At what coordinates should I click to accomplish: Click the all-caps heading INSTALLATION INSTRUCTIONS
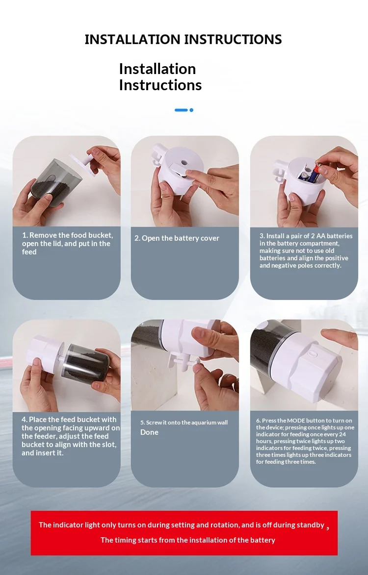[x=183, y=39]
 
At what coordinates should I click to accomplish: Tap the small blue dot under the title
[x=191, y=110]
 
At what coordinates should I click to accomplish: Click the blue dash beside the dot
[x=181, y=110]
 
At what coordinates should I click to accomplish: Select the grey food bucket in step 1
[x=52, y=181]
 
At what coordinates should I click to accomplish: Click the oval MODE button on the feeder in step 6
[x=312, y=354]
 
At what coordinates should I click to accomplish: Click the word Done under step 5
[x=149, y=432]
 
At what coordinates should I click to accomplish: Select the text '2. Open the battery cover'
[x=177, y=238]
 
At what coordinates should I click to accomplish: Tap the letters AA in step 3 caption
[x=321, y=236]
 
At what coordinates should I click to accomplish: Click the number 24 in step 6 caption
[x=342, y=434]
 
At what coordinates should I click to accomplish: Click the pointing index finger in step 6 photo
[x=340, y=337]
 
